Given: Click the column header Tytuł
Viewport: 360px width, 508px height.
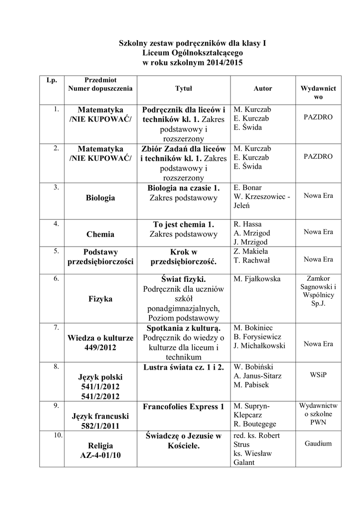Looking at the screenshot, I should (x=183, y=89).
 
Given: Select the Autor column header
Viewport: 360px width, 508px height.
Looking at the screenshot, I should (x=263, y=89).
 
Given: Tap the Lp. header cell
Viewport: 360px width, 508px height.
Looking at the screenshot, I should (x=52, y=80).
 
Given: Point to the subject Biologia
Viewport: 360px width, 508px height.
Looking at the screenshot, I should (x=100, y=198).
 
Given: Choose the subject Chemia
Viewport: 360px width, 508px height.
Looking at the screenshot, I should (x=100, y=234).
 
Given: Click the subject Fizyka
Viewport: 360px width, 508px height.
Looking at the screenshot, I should (x=100, y=299).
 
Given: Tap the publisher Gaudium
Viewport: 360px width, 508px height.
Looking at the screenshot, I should (x=318, y=444).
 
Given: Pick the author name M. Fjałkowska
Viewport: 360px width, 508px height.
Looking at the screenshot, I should (x=257, y=279).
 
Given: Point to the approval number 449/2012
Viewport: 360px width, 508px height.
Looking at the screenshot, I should (x=100, y=348).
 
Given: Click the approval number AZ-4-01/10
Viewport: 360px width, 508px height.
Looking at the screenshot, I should (x=100, y=455).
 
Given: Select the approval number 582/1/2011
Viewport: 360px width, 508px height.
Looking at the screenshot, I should (x=100, y=426).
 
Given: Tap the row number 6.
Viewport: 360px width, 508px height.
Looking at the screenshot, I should (x=57, y=278).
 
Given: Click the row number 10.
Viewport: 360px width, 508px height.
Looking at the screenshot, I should (x=57, y=436).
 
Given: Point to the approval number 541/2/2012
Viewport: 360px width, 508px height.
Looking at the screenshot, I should (x=100, y=396).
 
